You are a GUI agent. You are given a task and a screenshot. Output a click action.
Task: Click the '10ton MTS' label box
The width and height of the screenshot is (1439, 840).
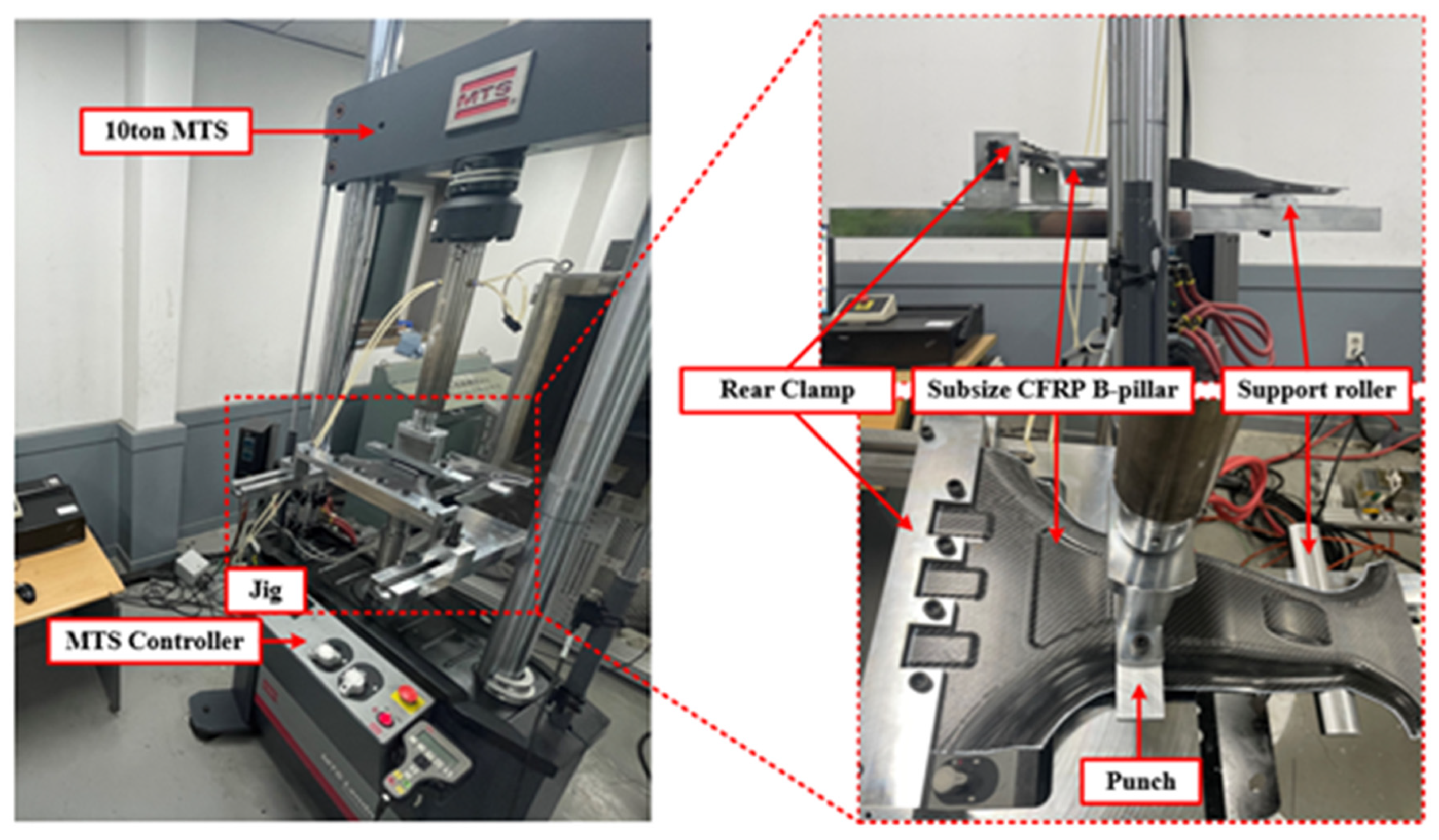tap(166, 131)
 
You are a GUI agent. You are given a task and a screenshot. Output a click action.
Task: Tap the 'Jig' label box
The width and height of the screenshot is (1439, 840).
tap(266, 590)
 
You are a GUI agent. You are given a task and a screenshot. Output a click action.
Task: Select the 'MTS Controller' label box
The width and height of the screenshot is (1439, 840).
tap(154, 641)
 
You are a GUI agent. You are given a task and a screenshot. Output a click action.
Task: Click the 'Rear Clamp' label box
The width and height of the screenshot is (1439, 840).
tap(787, 390)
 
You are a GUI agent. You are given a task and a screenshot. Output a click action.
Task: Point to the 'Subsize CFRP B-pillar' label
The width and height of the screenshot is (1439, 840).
tap(1053, 390)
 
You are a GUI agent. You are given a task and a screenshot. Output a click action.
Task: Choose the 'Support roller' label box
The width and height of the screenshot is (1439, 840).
tap(1316, 390)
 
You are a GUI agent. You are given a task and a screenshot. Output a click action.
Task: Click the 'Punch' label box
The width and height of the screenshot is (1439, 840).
tap(1140, 781)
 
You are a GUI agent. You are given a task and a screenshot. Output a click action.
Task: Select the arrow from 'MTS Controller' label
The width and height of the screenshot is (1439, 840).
tap(282, 642)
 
